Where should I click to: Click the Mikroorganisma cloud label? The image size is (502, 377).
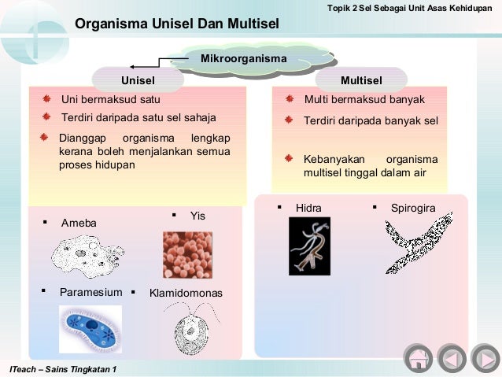pyautogui.click(x=243, y=59)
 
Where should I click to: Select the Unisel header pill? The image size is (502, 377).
pyautogui.click(x=138, y=80)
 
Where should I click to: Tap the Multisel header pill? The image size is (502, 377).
pyautogui.click(x=361, y=80)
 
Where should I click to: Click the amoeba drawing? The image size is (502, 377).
pyautogui.click(x=87, y=256)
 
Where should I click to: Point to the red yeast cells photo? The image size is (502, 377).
pyautogui.click(x=187, y=253)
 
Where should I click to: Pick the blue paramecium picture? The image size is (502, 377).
pyautogui.click(x=90, y=328)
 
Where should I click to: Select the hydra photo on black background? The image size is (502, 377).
pyautogui.click(x=309, y=246)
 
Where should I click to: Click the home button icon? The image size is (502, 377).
pyautogui.click(x=418, y=360)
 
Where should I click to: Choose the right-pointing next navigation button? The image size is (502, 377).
pyautogui.click(x=482, y=360)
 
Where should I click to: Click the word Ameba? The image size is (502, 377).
pyautogui.click(x=79, y=224)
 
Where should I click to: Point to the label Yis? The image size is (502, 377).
pyautogui.click(x=197, y=215)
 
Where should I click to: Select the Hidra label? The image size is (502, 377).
pyautogui.click(x=308, y=208)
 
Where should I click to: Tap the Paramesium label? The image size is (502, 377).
pyautogui.click(x=91, y=293)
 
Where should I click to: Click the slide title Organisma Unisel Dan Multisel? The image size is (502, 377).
pyautogui.click(x=177, y=24)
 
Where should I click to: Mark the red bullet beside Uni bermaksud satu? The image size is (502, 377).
pyautogui.click(x=46, y=100)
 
